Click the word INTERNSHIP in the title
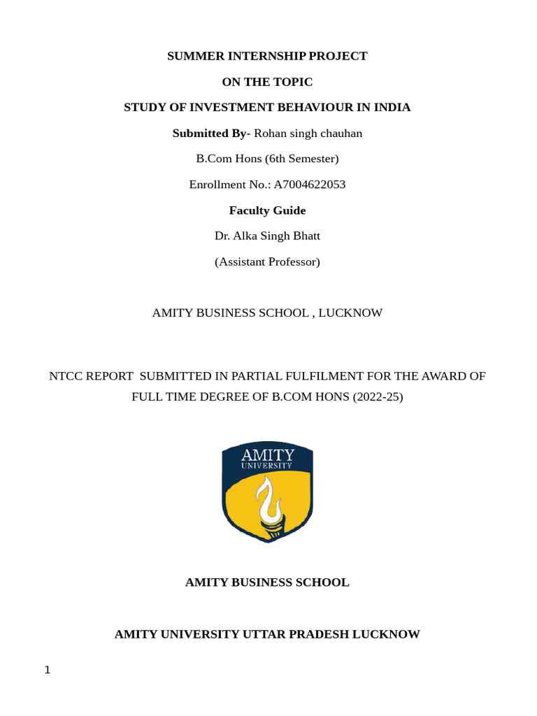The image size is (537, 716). pos(252,56)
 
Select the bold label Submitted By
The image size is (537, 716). pos(209,133)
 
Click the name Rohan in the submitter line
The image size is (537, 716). pos(271,133)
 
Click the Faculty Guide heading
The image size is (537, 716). pos(267,210)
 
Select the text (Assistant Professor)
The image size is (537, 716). pos(267,262)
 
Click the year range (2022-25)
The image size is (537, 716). pos(378,397)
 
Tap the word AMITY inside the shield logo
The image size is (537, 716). pos(267,454)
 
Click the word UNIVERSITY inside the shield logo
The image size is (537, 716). pos(267,466)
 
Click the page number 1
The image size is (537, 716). pos(48,670)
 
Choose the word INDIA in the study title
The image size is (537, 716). pos(394,107)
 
